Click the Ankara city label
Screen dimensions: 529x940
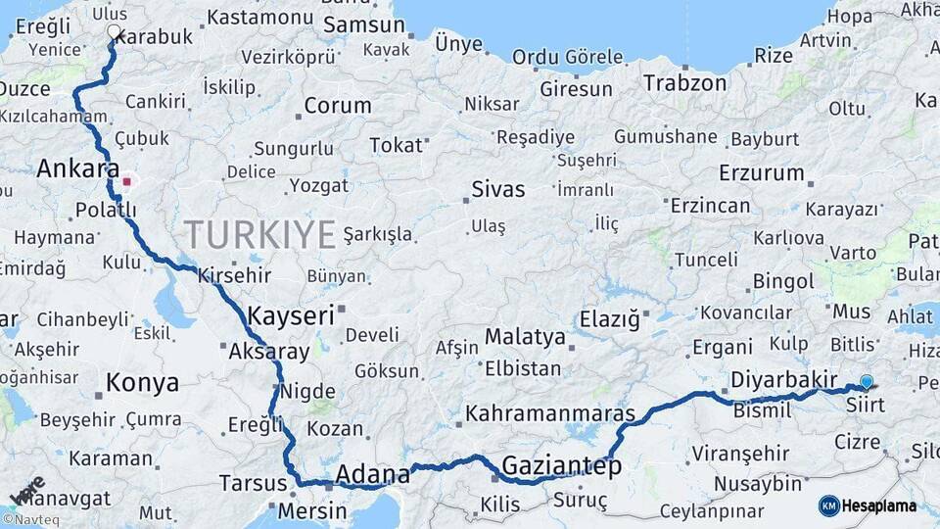[78, 168]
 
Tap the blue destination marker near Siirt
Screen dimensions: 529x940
[866, 382]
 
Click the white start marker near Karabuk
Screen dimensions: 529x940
[114, 32]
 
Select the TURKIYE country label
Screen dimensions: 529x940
[259, 234]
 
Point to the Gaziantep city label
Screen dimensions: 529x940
[561, 466]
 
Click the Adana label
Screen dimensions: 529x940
[372, 475]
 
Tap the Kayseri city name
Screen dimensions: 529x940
[291, 315]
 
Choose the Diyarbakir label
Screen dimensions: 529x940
[784, 380]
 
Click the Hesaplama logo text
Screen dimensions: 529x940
[879, 505]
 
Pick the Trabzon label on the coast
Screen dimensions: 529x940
[685, 83]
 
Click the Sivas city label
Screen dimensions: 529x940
[497, 189]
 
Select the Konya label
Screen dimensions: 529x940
[142, 382]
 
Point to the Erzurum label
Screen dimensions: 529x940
[761, 173]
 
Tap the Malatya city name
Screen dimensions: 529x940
[526, 337]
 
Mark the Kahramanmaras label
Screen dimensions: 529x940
[549, 413]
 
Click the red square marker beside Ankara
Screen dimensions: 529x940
[126, 181]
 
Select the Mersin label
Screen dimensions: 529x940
[312, 510]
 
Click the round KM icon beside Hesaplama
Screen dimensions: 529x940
[829, 505]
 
